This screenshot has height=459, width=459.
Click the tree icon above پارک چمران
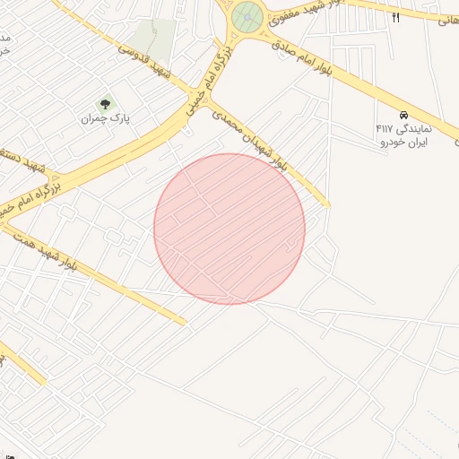pos(105,105)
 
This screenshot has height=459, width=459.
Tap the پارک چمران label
pos(107,118)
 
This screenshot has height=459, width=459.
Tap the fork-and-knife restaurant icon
pos(395,17)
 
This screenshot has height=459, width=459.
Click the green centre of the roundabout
pos(246,17)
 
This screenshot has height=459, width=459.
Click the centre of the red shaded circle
pos(229,229)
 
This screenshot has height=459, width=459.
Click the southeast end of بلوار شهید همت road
pos(184,322)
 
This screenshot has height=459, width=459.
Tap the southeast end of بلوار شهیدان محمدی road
pos(326,205)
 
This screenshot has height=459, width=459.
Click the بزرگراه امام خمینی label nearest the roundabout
pos(204,85)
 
